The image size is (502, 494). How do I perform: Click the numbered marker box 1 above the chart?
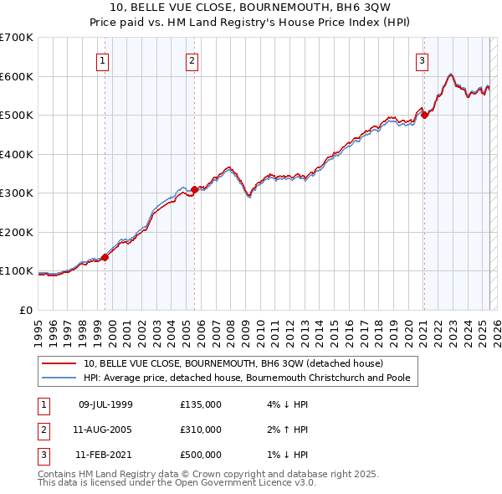(x=102, y=60)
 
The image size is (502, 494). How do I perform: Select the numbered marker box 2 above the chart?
(x=192, y=60)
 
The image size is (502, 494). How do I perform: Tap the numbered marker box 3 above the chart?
(x=423, y=60)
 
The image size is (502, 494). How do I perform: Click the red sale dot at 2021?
(x=424, y=116)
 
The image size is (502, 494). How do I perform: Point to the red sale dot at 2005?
(x=194, y=189)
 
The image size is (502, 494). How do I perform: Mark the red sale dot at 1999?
(x=105, y=257)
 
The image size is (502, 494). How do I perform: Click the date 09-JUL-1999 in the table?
(x=105, y=404)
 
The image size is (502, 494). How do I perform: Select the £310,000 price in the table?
(x=201, y=430)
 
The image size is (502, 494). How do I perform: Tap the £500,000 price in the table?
(x=201, y=455)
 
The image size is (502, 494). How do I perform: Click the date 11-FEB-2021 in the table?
(x=105, y=455)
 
